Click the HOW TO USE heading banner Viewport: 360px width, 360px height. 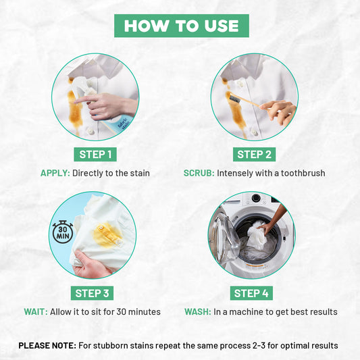(182, 26)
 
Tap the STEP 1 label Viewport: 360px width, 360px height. (95, 154)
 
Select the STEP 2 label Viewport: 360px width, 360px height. (254, 154)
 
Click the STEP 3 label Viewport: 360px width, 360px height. (92, 293)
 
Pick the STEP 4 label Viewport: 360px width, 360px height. (251, 293)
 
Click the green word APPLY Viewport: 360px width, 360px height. (55, 173)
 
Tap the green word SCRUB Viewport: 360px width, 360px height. (199, 173)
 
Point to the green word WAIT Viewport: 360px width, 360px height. (36, 312)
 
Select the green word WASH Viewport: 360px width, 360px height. (198, 312)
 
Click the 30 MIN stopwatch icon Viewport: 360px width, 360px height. (63, 232)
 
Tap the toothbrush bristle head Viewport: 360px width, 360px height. (235, 99)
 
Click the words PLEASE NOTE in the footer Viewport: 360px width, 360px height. (47, 346)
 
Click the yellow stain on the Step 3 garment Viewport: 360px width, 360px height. (106, 235)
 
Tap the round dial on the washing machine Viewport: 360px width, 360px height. (255, 198)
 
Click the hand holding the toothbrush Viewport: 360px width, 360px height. (279, 112)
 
